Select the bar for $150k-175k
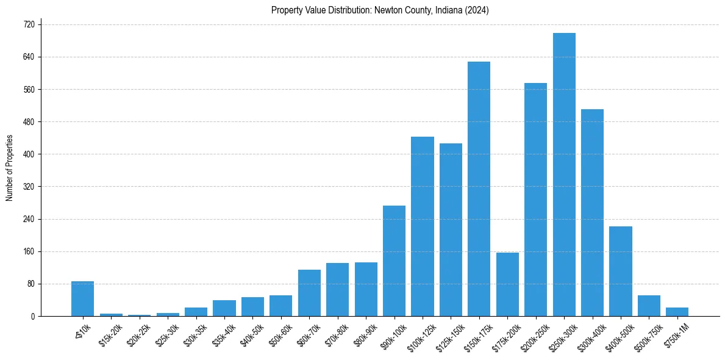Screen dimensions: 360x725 [479, 189]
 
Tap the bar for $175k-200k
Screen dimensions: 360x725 [507, 284]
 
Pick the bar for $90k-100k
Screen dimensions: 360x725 [394, 261]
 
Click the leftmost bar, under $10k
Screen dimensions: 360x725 [82, 298]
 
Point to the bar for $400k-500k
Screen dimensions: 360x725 [621, 271]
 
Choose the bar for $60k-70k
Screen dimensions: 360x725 [309, 293]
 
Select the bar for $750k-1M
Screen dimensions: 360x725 [677, 312]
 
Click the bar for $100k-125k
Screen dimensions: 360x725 [422, 226]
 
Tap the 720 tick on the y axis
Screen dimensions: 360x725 [29, 24]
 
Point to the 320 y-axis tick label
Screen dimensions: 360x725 [29, 187]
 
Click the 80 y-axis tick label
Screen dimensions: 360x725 [30, 284]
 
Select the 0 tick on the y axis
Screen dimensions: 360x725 [32, 316]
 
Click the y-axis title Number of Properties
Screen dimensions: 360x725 [9, 168]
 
